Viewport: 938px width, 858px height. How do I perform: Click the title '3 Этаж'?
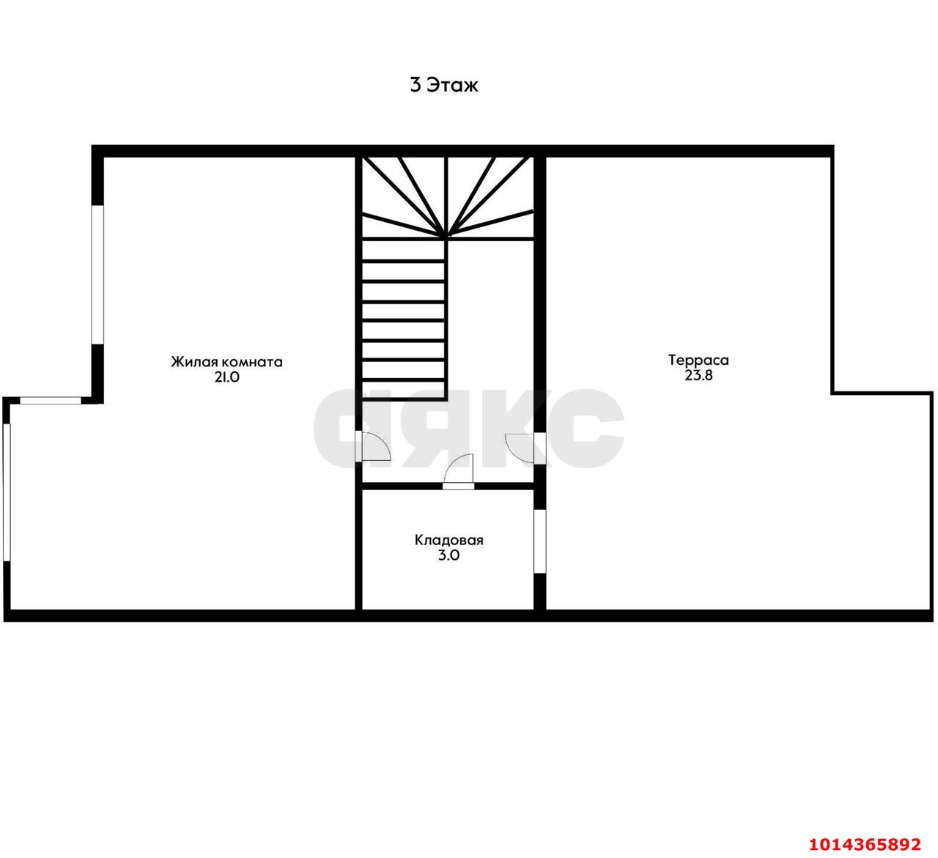point(444,85)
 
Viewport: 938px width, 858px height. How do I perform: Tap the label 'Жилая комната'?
point(226,361)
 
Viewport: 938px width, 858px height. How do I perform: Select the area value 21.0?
point(226,377)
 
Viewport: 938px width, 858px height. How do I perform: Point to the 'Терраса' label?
point(698,360)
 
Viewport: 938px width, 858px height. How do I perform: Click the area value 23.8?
point(698,375)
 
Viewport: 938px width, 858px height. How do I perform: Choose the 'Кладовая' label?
point(449,540)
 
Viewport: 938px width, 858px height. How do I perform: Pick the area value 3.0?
point(449,555)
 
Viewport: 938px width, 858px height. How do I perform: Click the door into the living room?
point(373,446)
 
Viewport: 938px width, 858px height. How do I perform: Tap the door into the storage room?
point(459,471)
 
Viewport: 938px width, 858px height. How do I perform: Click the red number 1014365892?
point(865,844)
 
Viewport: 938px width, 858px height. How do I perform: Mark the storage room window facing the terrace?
point(540,541)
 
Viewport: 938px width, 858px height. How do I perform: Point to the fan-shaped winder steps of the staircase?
point(448,197)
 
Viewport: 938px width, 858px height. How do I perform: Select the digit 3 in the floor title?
point(416,85)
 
